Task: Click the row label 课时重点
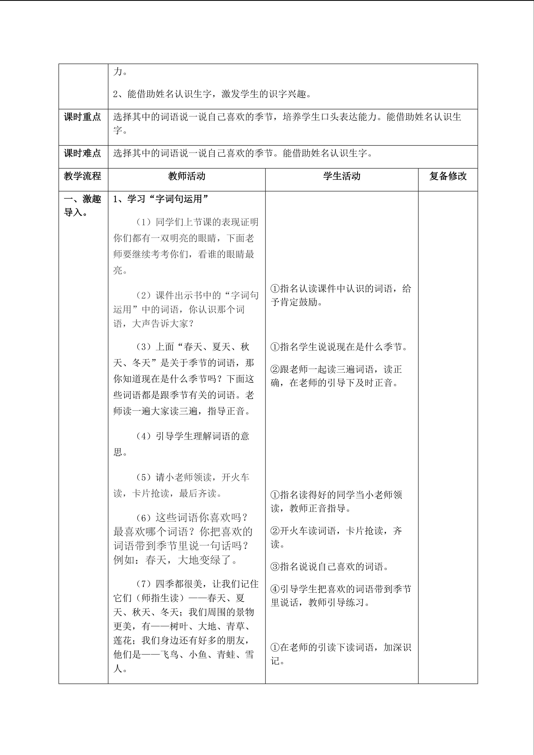(x=82, y=117)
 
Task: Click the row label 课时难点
(x=82, y=153)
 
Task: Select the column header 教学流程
(x=82, y=176)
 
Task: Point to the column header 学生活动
(x=342, y=176)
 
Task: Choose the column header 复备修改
(x=448, y=176)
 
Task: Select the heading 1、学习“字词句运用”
(x=161, y=199)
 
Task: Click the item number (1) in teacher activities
(x=143, y=222)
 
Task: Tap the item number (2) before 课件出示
(x=143, y=295)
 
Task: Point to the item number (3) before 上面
(x=143, y=347)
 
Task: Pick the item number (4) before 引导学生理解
(x=143, y=436)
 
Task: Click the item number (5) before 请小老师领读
(x=143, y=477)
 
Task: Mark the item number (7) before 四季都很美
(x=143, y=584)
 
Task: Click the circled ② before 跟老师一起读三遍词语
(x=275, y=370)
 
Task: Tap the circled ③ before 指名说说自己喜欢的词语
(x=275, y=567)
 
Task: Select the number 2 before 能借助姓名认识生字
(x=116, y=94)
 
